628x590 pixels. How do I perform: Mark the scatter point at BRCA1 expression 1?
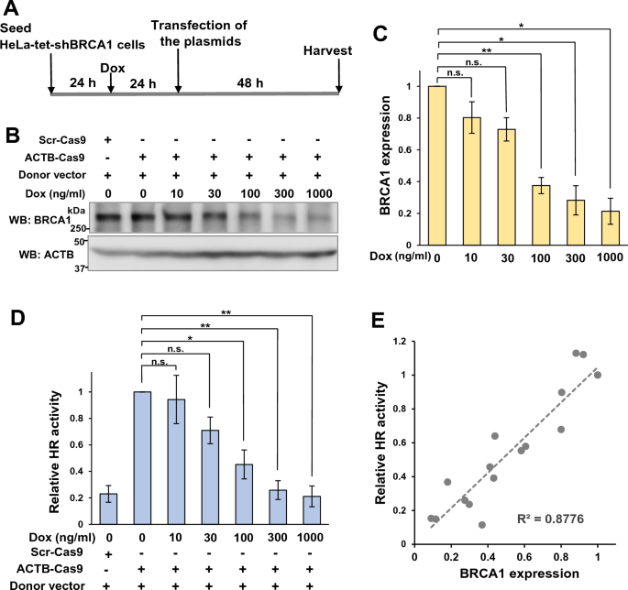(598, 375)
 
